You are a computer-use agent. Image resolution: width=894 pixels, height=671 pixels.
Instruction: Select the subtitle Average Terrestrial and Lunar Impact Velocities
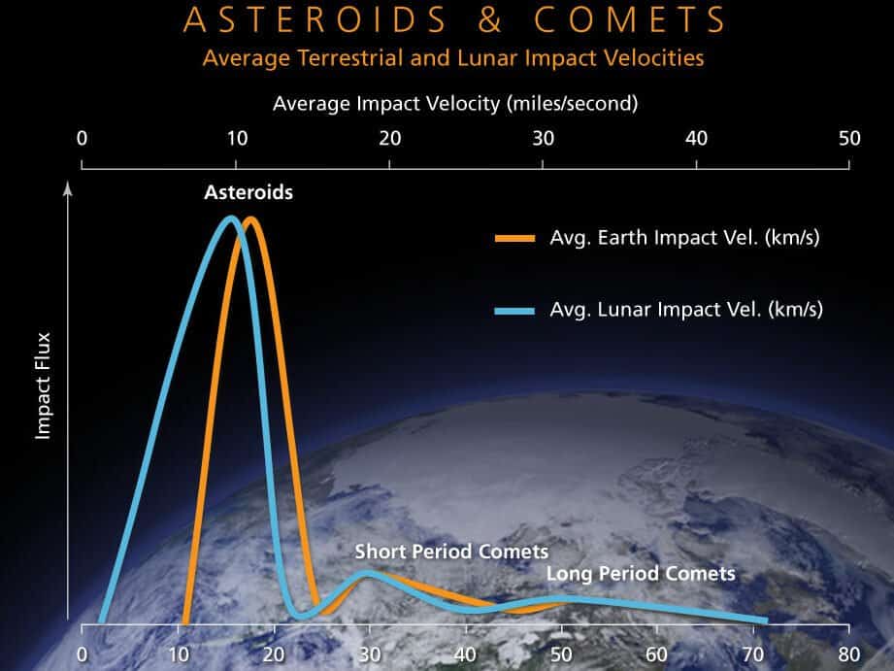point(453,58)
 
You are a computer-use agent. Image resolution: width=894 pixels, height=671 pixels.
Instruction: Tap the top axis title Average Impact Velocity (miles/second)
point(455,104)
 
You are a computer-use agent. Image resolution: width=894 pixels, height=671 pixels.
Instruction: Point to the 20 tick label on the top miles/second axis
point(390,138)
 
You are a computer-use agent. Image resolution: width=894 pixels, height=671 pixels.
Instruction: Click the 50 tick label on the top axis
point(849,138)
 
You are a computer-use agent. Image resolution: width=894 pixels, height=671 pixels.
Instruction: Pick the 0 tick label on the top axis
point(83,138)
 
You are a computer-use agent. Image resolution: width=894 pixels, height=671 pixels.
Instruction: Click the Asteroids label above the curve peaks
point(248,192)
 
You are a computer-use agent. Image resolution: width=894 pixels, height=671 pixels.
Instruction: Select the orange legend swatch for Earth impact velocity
point(514,239)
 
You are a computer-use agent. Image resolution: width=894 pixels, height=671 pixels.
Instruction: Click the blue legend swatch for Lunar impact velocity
point(514,311)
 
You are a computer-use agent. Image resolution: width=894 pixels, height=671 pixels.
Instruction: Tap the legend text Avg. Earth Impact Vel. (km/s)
point(684,237)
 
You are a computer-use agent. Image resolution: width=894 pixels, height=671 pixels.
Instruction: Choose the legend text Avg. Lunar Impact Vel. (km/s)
point(686,309)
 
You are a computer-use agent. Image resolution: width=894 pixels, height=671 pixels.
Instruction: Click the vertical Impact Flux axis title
point(43,386)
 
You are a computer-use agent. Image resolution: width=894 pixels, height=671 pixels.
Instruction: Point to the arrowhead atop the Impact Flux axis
point(68,187)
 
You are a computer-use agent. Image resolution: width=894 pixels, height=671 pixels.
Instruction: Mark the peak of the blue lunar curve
point(231,219)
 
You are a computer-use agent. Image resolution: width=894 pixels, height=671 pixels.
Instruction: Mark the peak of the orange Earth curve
point(250,220)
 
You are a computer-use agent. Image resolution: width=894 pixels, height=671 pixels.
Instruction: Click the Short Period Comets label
point(451,552)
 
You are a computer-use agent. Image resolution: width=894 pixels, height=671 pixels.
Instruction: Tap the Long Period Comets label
point(641,574)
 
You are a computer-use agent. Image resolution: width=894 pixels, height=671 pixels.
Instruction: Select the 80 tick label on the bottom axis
point(849,654)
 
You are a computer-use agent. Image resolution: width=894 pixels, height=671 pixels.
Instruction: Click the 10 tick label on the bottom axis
point(179,654)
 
